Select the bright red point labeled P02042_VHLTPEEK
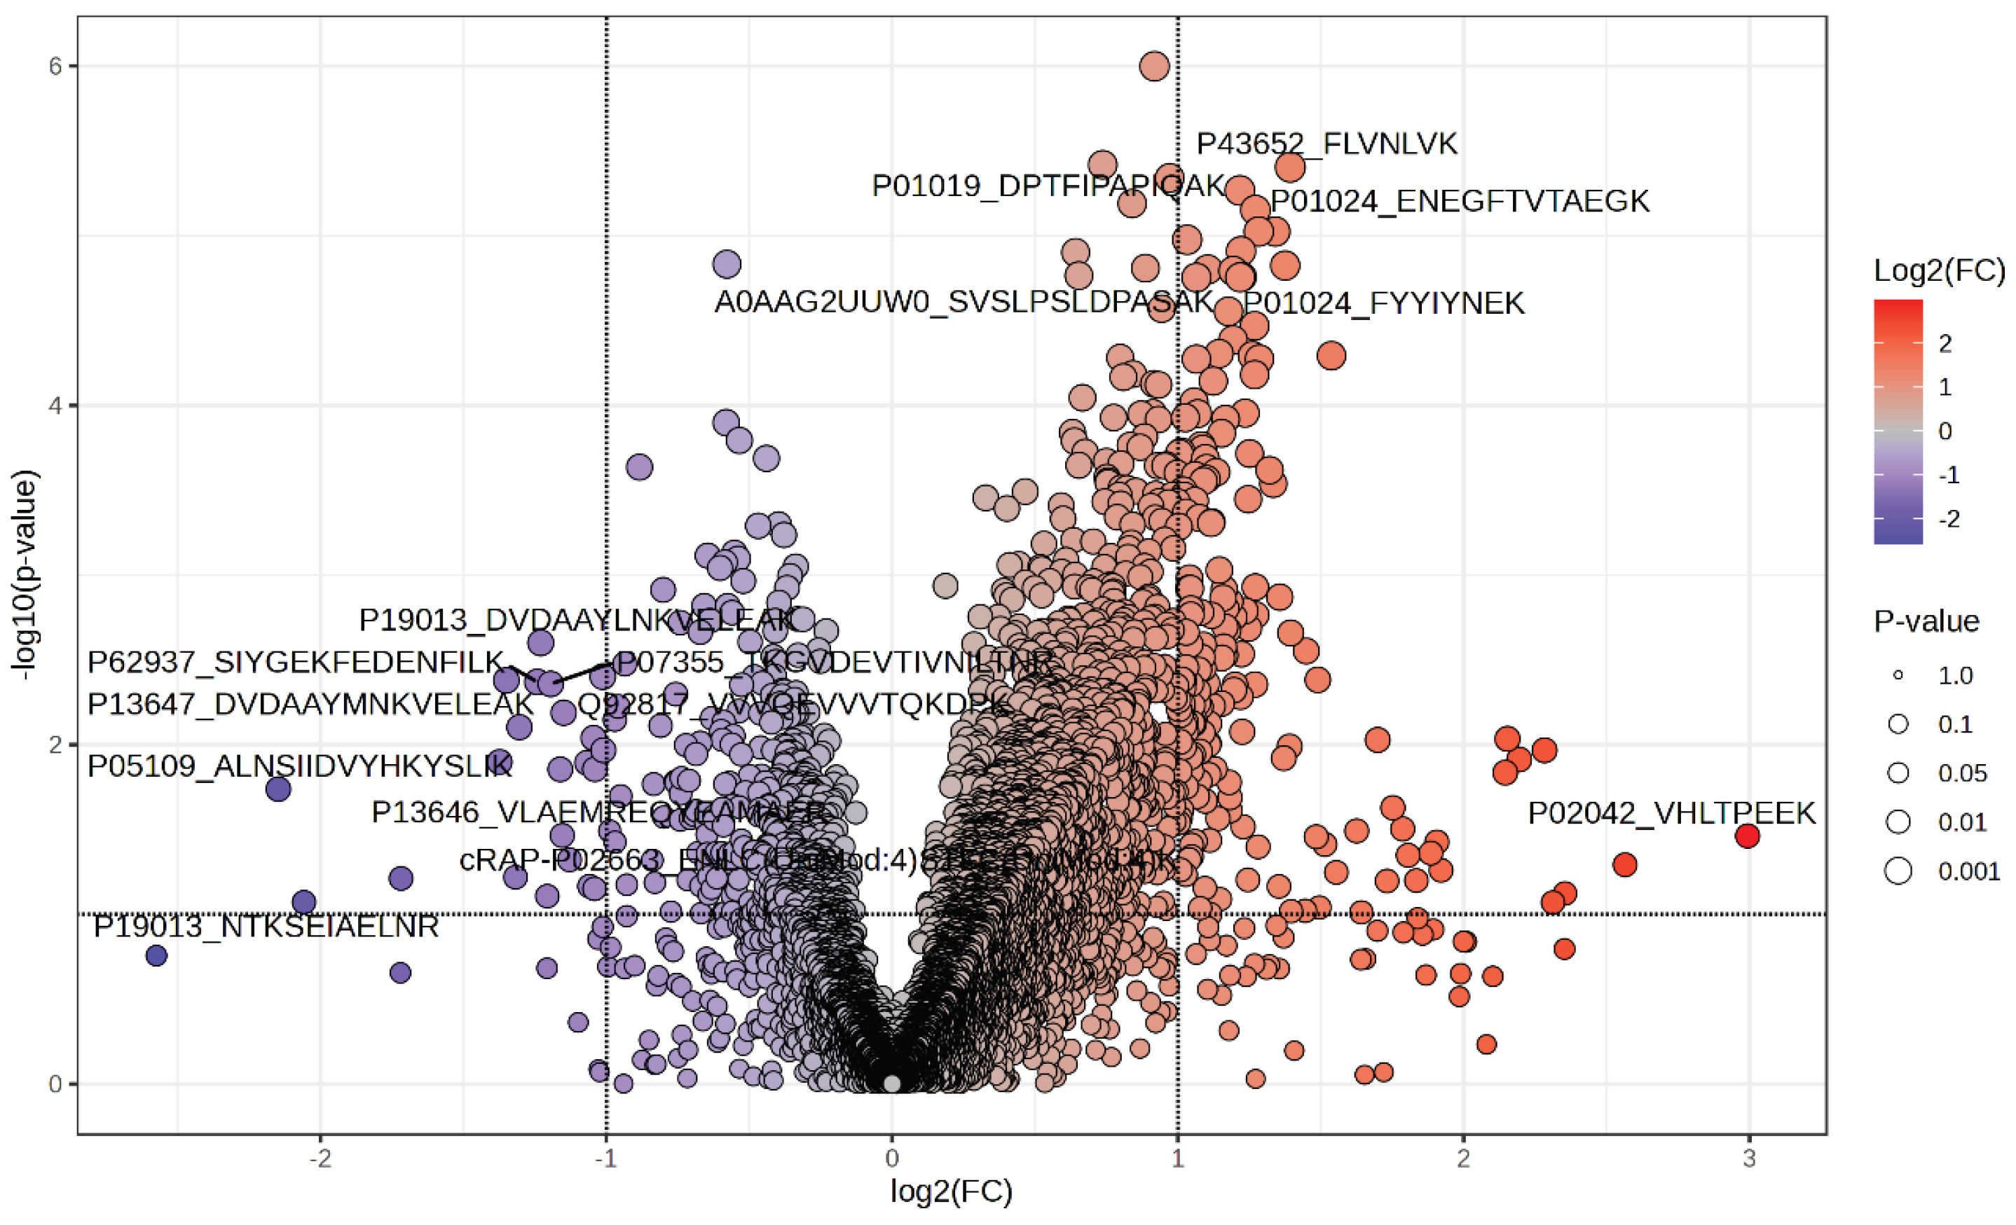tap(1747, 836)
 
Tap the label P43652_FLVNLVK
tap(1326, 144)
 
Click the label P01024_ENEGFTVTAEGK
tap(1459, 201)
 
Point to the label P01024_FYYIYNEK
tap(1383, 303)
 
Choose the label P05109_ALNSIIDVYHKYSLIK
tap(299, 766)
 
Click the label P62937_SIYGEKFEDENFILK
tap(296, 662)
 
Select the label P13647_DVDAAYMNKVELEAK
tap(310, 704)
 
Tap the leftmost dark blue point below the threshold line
tap(156, 955)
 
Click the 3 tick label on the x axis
tap(1748, 1158)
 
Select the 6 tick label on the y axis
tap(55, 67)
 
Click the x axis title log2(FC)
tap(951, 1191)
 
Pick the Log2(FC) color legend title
tap(1938, 270)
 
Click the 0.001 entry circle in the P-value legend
tap(1898, 871)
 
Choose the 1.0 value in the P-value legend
tap(1956, 675)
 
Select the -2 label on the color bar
tap(1949, 518)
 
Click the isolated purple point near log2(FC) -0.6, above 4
tap(727, 264)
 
